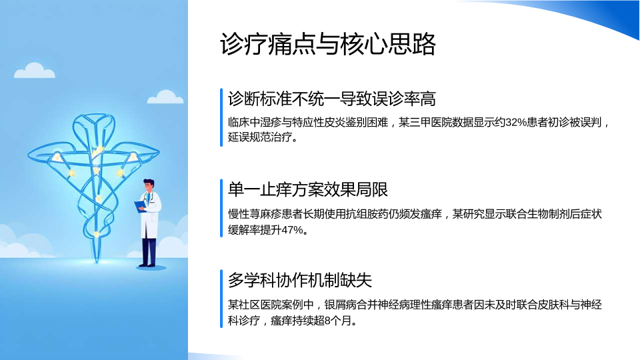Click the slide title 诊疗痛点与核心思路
pos(328,44)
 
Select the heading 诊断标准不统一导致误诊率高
pos(332,99)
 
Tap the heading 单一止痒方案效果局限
pos(308,189)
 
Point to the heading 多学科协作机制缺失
pos(300,280)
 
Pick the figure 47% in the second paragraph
pos(292,230)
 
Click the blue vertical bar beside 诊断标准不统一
pos(221,117)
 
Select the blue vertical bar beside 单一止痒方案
pos(221,208)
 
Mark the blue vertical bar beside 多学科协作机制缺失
pos(221,299)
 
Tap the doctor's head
pos(149,186)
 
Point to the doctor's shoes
pos(147,265)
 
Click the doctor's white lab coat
pos(151,216)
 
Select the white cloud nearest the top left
pos(34,71)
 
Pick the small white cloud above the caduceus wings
pos(165,97)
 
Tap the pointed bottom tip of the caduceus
pos(97,262)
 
